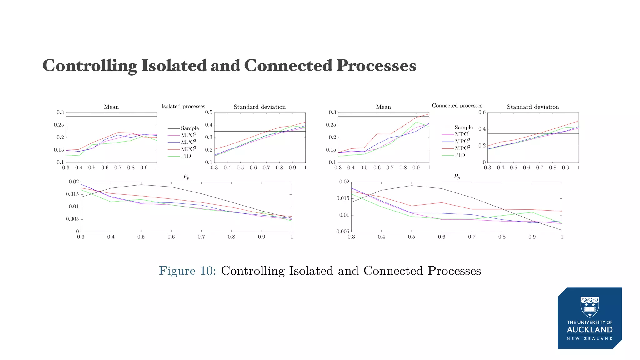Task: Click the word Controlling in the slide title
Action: [89, 66]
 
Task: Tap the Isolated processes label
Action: [183, 106]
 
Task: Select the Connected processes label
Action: [457, 106]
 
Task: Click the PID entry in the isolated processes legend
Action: [186, 156]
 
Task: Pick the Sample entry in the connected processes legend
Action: [463, 127]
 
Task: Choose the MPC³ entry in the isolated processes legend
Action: [188, 149]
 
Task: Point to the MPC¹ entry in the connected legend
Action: [462, 134]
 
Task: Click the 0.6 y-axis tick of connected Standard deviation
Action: [482, 112]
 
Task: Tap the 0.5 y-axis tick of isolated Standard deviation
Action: [208, 112]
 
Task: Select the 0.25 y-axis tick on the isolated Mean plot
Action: [59, 125]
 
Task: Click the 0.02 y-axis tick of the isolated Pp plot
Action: [74, 182]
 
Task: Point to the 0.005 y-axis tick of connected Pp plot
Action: [343, 232]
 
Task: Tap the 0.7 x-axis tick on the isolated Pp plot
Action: [201, 237]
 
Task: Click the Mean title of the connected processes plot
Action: [383, 107]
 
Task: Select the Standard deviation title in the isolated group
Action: [260, 107]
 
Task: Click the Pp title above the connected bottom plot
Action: [457, 177]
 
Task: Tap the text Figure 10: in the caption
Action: [187, 271]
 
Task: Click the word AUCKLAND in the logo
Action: [590, 330]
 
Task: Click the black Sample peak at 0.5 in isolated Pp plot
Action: [141, 185]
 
